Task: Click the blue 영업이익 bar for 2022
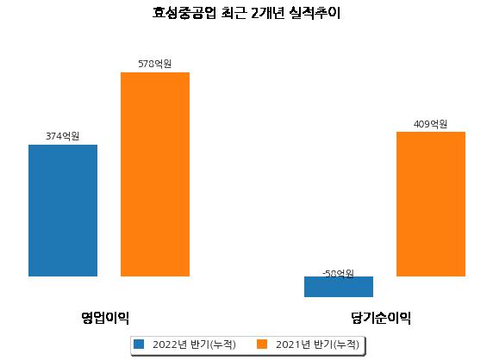(x=63, y=210)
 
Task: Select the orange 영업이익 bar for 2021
(x=155, y=174)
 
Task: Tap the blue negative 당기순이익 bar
(x=339, y=287)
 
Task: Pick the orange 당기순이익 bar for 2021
(x=431, y=204)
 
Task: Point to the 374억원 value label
(x=63, y=136)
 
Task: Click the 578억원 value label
(x=154, y=64)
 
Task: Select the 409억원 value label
(x=430, y=124)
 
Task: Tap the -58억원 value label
(x=339, y=274)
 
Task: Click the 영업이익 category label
(x=105, y=318)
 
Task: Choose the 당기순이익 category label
(x=381, y=318)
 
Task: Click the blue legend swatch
(x=139, y=344)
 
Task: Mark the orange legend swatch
(x=262, y=344)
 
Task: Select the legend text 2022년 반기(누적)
(x=194, y=344)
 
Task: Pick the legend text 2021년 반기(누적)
(x=317, y=344)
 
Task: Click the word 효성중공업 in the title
(x=184, y=13)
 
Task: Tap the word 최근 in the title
(x=234, y=13)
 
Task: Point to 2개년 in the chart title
(x=268, y=13)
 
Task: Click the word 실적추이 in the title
(x=315, y=13)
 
